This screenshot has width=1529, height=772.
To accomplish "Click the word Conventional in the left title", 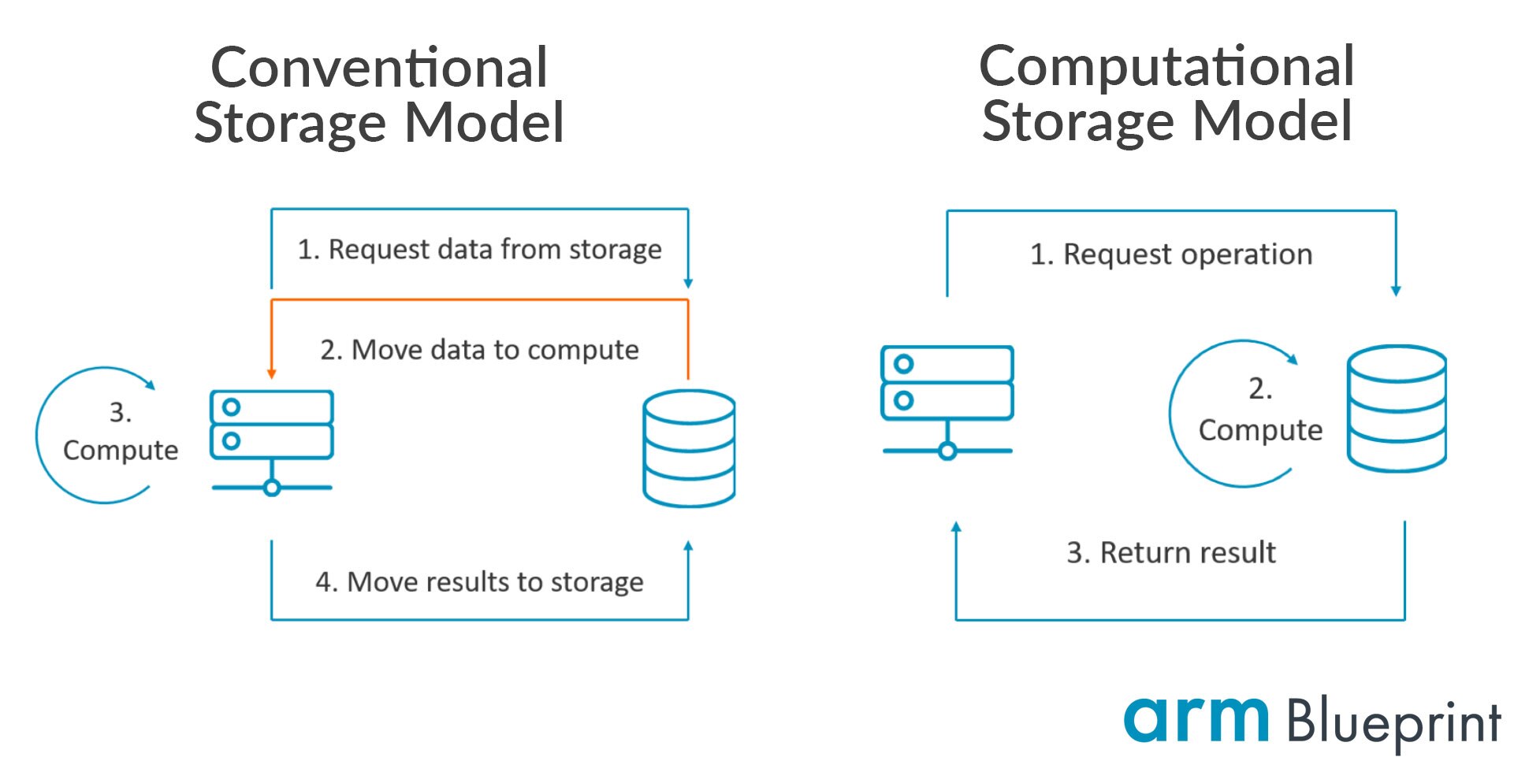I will (379, 68).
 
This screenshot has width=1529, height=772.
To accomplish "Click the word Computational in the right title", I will (1166, 66).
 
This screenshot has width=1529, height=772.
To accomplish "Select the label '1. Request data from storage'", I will (479, 249).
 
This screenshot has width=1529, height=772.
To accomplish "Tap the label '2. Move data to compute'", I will (479, 350).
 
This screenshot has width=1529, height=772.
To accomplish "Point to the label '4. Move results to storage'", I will (479, 582).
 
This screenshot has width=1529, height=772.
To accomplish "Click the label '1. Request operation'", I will (1171, 254).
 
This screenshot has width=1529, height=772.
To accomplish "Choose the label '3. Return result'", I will (1171, 553).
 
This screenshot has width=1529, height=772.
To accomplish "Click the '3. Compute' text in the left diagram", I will (120, 432).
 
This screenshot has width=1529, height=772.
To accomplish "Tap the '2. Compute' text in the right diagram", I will (1259, 411).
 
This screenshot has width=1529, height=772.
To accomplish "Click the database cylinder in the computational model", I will (1396, 408).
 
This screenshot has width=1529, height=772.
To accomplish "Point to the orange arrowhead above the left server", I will (271, 373).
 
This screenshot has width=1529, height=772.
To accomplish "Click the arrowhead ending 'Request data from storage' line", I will (688, 283).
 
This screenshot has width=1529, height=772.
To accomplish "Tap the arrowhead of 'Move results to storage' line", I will (688, 546).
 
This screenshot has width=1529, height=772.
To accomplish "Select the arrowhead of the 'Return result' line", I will (956, 527).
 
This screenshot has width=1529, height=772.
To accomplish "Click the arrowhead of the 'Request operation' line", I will (1396, 291).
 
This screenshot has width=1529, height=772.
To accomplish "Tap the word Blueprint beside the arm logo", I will (1393, 722).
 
